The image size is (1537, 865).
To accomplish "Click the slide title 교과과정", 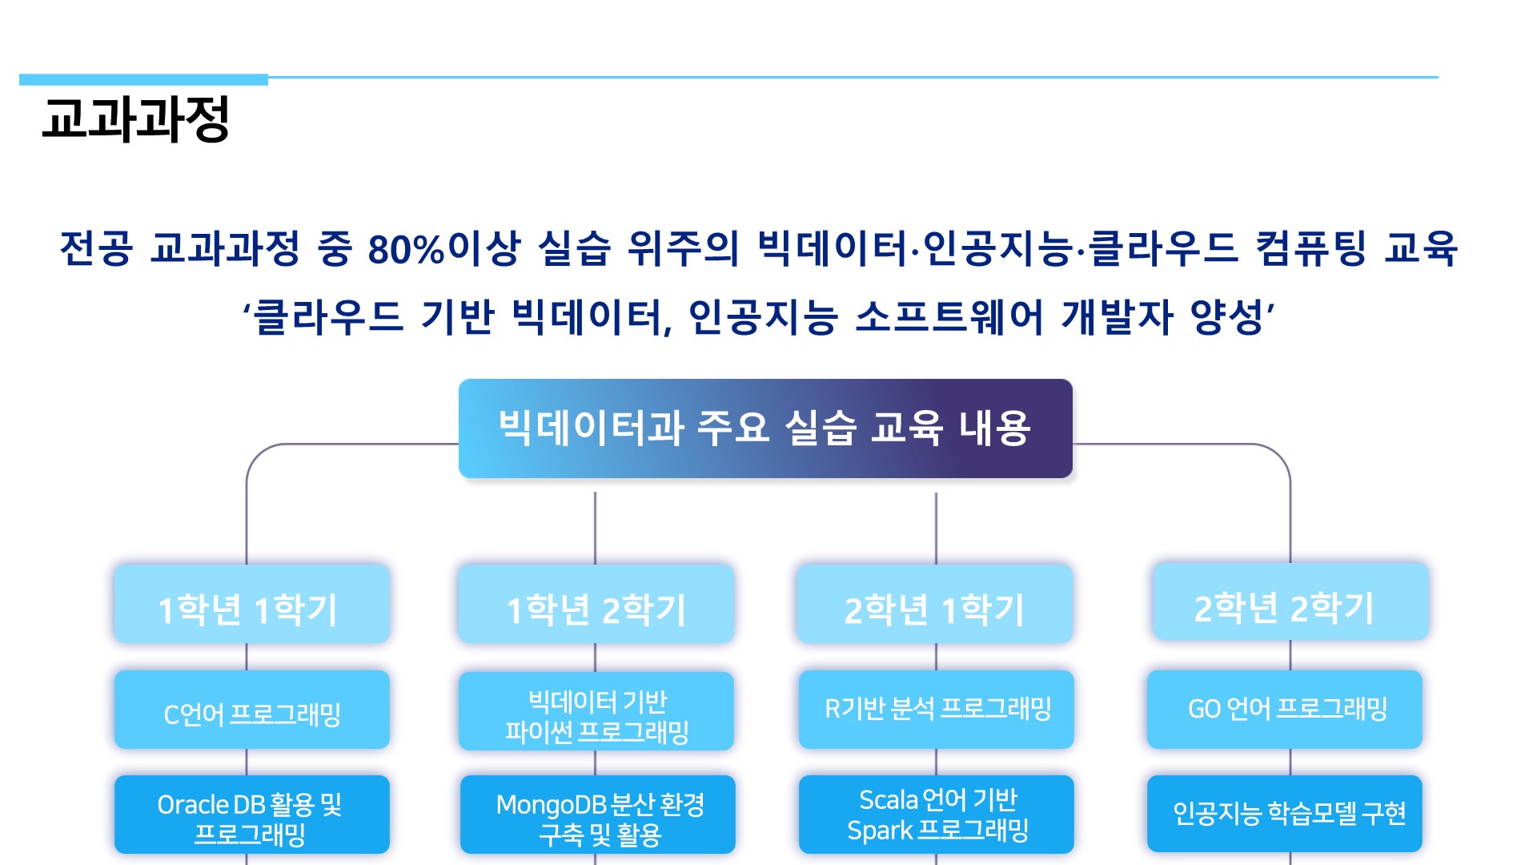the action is [x=135, y=119].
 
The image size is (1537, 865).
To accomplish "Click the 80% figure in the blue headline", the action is [x=406, y=248].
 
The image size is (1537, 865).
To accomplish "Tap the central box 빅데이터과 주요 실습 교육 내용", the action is [x=765, y=428].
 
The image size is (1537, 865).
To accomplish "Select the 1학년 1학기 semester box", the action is [x=251, y=603].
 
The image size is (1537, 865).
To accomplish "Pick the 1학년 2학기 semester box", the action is [x=596, y=603].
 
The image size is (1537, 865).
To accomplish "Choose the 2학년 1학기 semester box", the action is [x=934, y=603].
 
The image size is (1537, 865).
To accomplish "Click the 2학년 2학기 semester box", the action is [x=1290, y=601].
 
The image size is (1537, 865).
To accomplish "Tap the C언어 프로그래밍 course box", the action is [x=251, y=710].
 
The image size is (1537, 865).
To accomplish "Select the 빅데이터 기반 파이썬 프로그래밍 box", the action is [x=596, y=711].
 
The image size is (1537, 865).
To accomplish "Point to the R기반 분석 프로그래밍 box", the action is [x=936, y=710].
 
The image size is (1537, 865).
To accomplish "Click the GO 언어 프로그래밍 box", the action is [x=1284, y=710].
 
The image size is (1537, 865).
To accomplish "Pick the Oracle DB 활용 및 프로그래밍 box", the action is [x=251, y=815].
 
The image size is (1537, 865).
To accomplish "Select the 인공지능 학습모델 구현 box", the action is [x=1284, y=814].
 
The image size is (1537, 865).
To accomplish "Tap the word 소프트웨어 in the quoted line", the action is [x=949, y=317].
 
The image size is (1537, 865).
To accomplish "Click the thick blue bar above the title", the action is [x=143, y=79].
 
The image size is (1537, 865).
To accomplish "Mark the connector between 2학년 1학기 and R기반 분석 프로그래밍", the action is [x=936, y=657].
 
